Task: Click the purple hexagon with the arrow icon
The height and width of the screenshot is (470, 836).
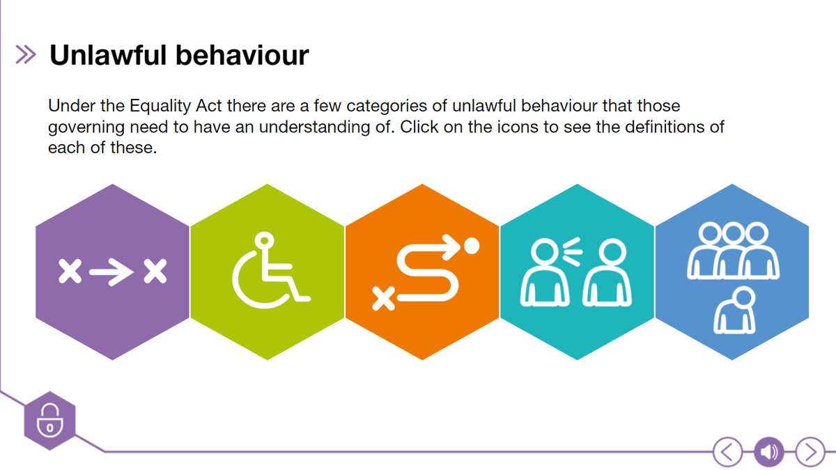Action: (112, 272)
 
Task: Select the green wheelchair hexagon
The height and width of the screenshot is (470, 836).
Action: (268, 272)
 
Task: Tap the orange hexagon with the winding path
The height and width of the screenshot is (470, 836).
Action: (422, 272)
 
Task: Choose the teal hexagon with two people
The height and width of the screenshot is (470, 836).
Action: (577, 272)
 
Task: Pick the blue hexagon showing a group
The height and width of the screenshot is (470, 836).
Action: (731, 272)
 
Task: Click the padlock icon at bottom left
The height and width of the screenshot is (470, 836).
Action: (49, 421)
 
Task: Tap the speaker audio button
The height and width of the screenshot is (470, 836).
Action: (768, 453)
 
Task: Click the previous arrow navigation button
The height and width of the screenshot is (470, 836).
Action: (727, 453)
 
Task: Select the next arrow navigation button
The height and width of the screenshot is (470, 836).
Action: (810, 453)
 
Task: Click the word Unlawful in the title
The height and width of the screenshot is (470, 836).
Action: (109, 55)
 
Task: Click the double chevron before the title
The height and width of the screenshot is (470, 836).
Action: (26, 55)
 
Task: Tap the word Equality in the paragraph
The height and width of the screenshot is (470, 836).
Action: (159, 107)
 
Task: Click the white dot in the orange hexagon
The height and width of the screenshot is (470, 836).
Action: (472, 246)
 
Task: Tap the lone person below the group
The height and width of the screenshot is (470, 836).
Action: (736, 311)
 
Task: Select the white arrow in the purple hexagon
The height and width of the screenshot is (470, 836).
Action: (111, 272)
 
